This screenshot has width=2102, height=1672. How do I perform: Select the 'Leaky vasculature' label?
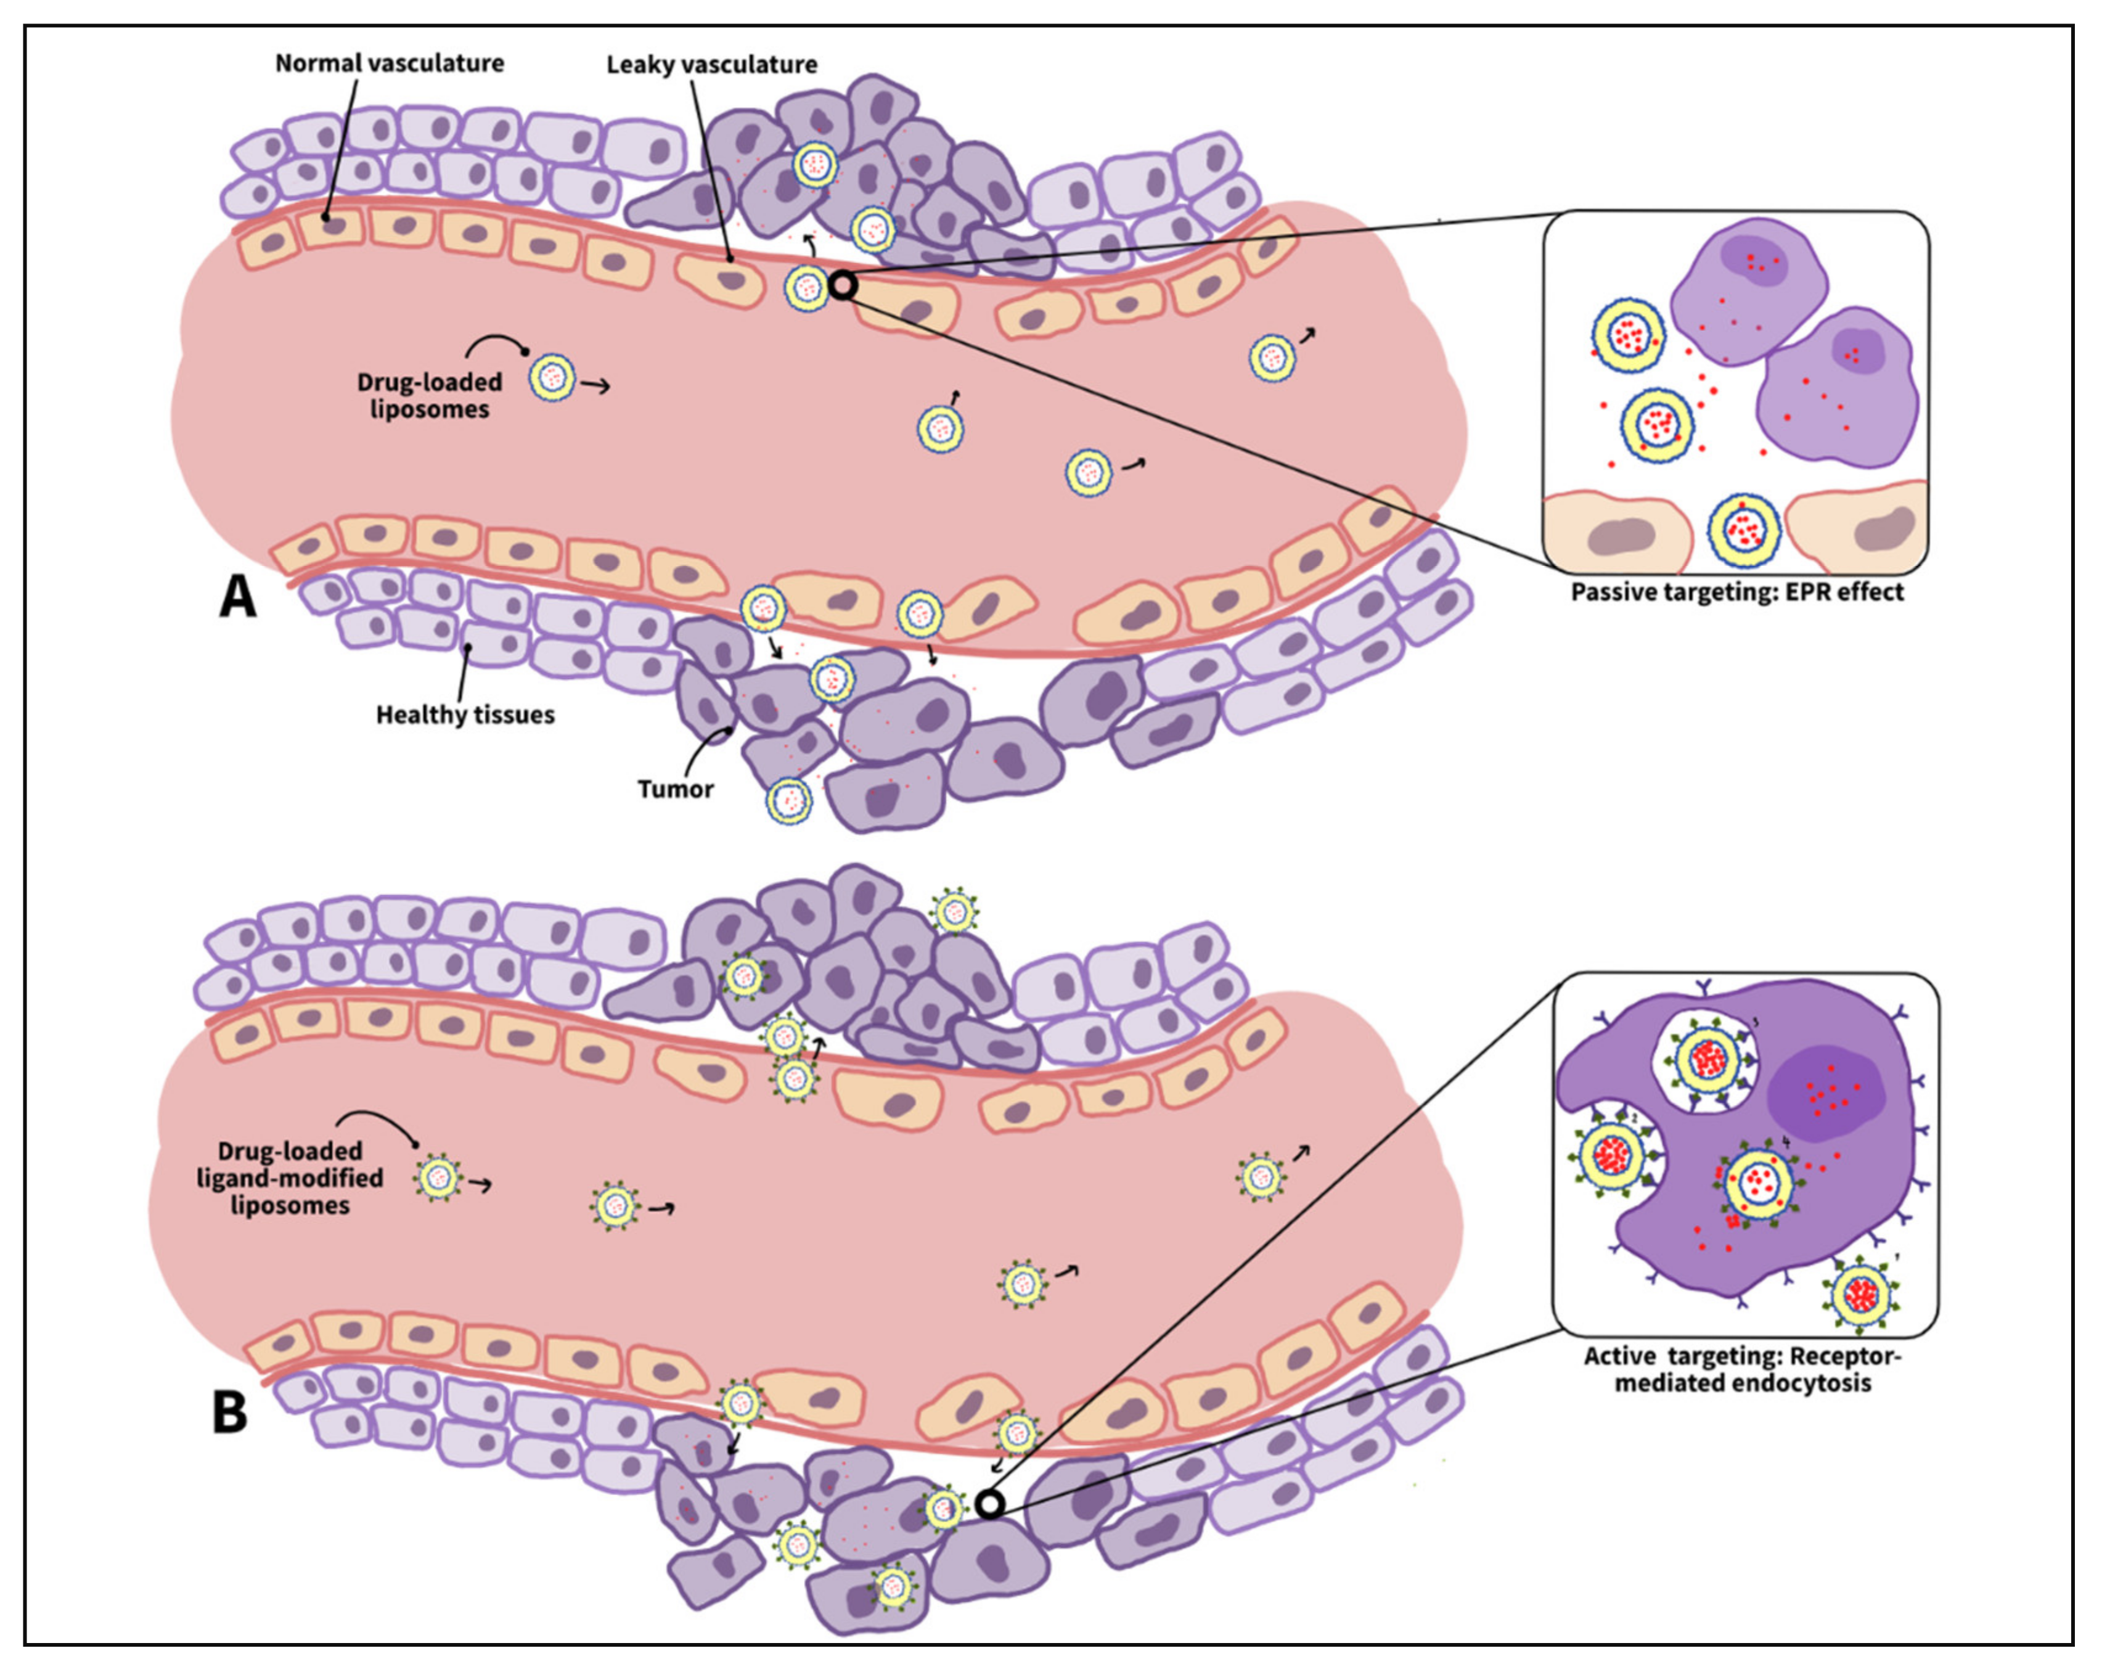click(x=712, y=64)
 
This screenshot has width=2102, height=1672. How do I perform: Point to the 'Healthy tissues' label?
click(x=465, y=715)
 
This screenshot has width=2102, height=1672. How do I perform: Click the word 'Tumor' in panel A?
click(x=676, y=789)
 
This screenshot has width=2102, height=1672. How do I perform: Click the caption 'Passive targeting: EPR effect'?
click(x=1736, y=592)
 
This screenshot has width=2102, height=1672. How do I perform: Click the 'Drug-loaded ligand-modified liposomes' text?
click(x=290, y=1178)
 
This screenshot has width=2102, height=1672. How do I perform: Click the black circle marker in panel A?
click(x=843, y=285)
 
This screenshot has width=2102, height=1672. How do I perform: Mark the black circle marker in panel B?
click(x=989, y=1504)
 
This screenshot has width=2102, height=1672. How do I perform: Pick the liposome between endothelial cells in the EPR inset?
click(x=1744, y=530)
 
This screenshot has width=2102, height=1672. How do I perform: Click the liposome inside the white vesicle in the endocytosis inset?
click(x=1707, y=1059)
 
